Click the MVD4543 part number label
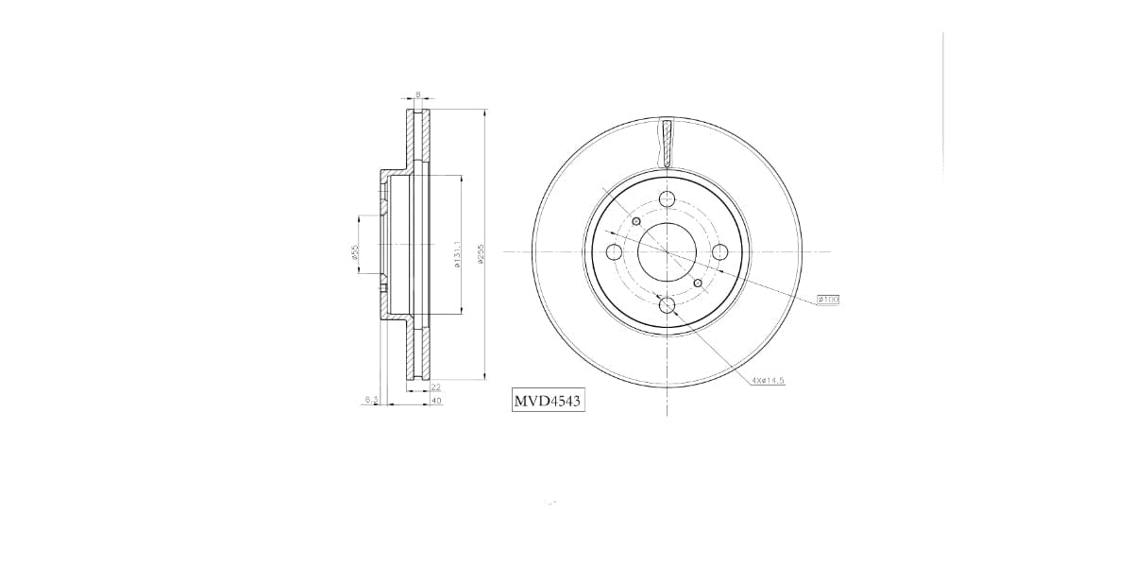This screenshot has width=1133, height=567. pos(548,402)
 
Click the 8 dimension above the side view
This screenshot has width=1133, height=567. pos(417,94)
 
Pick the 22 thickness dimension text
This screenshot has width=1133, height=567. pos(435,387)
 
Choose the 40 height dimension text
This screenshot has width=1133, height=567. pos(435,401)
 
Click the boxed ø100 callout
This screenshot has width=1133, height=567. pos(827,300)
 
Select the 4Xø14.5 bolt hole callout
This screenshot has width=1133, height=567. pos(769,380)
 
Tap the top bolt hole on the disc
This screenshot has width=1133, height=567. pos(668,198)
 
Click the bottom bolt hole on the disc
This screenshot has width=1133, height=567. pos(668,304)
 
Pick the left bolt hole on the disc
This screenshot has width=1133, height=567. pos(614,251)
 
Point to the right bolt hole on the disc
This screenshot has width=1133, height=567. pos(720,251)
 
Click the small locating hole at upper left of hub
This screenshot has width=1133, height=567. pos(636,221)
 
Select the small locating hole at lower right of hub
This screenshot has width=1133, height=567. pos(698,283)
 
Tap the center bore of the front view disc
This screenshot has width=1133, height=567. pos(668,251)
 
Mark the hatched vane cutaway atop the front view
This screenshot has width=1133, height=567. pos(668,144)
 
